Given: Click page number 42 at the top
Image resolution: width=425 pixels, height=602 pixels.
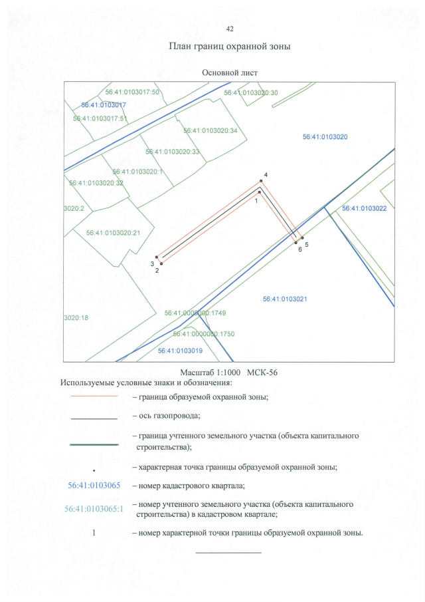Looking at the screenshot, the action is [x=230, y=29].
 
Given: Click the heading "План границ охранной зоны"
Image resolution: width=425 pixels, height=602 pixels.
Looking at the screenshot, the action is [x=230, y=47].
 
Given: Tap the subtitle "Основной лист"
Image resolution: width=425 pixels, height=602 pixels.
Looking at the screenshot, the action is [x=230, y=73].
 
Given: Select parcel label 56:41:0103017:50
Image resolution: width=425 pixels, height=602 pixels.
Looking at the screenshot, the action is [x=132, y=92].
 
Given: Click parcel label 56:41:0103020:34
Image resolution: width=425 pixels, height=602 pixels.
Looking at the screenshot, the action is [x=211, y=130].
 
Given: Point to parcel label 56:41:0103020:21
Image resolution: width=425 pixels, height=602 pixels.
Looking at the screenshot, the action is [x=113, y=233].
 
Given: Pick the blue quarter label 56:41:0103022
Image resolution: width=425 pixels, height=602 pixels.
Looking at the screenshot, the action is [x=364, y=208].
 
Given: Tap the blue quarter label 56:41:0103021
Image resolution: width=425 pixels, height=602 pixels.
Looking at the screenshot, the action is [x=285, y=299].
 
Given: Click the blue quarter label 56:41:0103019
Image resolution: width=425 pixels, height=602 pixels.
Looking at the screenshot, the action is [x=180, y=351].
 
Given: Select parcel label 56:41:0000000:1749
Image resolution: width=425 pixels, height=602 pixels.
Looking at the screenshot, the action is [x=195, y=313].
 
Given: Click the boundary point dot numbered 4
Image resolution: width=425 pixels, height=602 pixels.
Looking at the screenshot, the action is [x=262, y=181].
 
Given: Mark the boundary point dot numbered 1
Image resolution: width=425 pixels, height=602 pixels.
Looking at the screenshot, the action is [x=260, y=192].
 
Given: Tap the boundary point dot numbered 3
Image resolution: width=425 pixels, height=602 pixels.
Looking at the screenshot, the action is [x=157, y=257].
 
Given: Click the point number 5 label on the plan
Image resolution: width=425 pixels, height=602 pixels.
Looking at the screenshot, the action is [x=307, y=244].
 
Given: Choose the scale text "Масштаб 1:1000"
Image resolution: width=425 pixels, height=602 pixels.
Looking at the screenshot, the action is [x=210, y=373].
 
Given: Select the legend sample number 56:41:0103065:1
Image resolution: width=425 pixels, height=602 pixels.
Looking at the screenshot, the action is [x=94, y=509].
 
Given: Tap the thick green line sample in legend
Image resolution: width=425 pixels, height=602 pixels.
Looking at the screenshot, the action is [x=94, y=444].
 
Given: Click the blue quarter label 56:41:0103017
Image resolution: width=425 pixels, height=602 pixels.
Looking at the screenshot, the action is [x=104, y=105].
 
